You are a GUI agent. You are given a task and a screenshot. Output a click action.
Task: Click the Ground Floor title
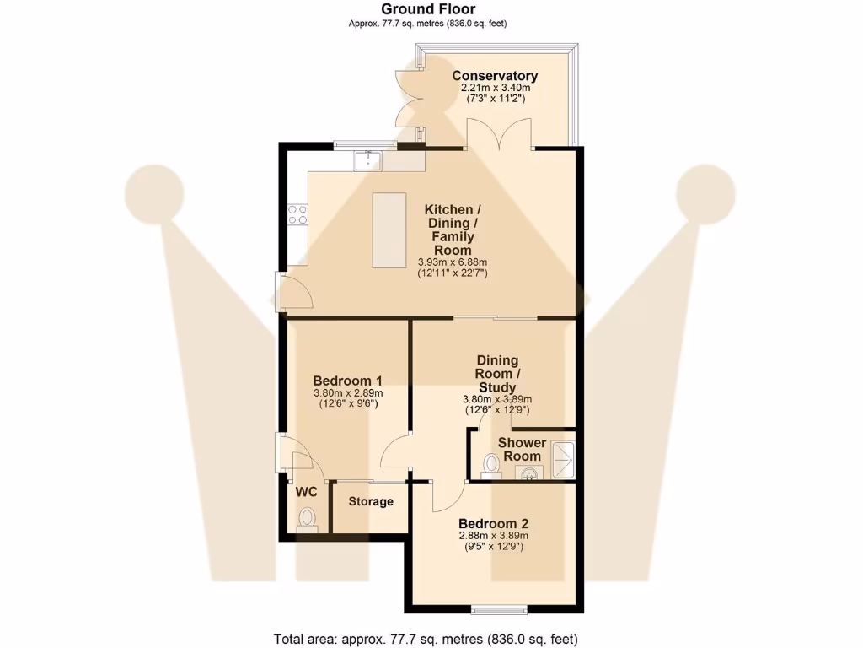428,9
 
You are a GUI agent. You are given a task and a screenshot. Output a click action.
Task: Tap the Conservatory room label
495,76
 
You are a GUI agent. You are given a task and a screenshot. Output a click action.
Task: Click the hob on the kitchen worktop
297,214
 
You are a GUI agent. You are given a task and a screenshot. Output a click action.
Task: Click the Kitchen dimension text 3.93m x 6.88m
453,262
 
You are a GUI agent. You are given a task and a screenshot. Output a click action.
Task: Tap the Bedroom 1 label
348,380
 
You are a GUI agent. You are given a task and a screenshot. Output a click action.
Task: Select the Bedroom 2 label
493,522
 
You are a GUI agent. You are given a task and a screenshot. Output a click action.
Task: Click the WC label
305,491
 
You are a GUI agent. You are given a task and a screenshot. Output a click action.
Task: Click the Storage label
371,501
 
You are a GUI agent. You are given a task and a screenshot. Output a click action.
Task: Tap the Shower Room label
522,449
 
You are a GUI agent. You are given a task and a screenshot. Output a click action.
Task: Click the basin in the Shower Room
529,473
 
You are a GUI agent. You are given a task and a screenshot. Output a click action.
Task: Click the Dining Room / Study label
497,374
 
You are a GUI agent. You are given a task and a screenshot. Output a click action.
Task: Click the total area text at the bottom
426,638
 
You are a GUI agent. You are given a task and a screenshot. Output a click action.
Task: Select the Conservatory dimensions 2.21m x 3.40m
495,88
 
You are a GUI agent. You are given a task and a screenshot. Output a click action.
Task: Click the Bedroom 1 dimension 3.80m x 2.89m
348,392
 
